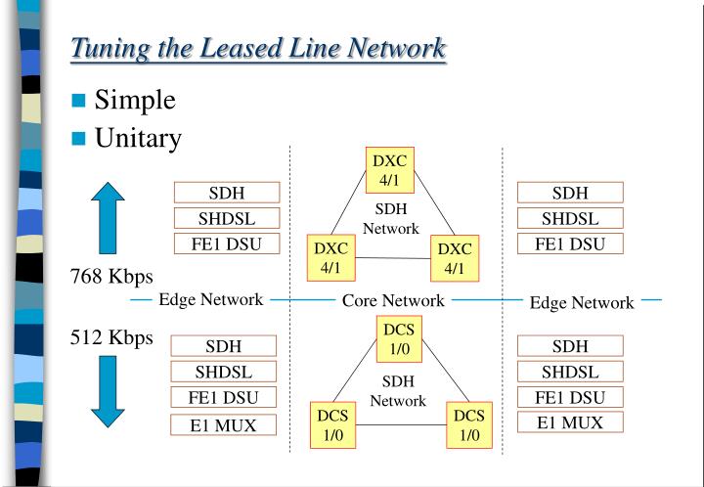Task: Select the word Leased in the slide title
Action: click(x=241, y=47)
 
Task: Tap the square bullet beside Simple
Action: click(x=78, y=100)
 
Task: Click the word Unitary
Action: click(x=138, y=138)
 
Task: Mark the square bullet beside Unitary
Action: click(x=78, y=138)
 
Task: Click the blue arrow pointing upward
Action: click(x=108, y=218)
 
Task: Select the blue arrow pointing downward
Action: click(x=108, y=391)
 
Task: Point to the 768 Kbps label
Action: click(x=111, y=277)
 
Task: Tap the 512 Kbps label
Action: click(x=111, y=337)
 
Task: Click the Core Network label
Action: click(x=393, y=300)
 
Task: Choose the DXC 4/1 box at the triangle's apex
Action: click(x=390, y=170)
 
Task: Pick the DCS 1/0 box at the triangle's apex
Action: click(x=399, y=339)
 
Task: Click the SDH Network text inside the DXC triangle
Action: click(x=391, y=219)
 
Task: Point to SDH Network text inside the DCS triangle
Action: click(x=398, y=391)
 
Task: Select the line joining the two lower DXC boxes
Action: click(x=393, y=258)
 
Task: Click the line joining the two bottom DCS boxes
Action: click(x=401, y=424)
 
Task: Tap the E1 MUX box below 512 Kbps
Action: click(x=223, y=425)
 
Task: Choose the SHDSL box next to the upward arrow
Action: click(x=227, y=218)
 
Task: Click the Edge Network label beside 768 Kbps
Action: click(x=210, y=299)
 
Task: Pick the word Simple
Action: click(x=135, y=100)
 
